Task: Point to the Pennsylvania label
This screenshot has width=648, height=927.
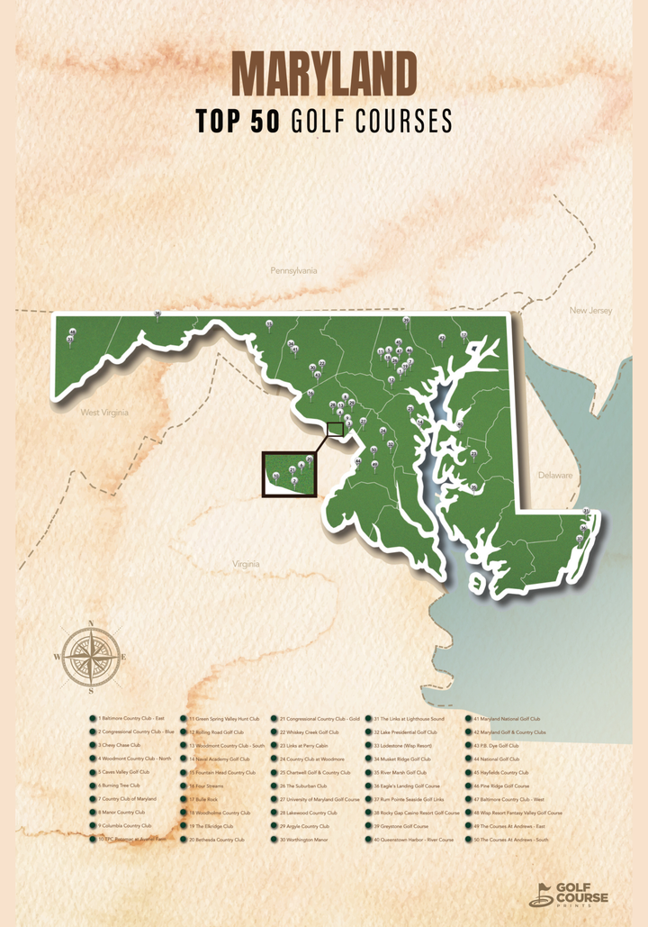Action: (x=293, y=270)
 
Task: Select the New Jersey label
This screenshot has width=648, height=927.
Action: (x=590, y=311)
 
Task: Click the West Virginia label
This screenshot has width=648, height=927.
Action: (x=104, y=413)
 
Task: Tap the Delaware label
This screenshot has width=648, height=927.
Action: (x=555, y=475)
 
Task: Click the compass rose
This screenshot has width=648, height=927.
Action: (x=91, y=657)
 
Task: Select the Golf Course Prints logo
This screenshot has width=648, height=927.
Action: (x=569, y=893)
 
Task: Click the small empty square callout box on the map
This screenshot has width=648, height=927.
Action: (x=335, y=430)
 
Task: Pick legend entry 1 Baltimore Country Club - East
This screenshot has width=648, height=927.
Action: (x=134, y=719)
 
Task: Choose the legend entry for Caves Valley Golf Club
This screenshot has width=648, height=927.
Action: (x=126, y=772)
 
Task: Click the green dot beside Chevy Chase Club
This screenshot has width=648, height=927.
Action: (x=93, y=746)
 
